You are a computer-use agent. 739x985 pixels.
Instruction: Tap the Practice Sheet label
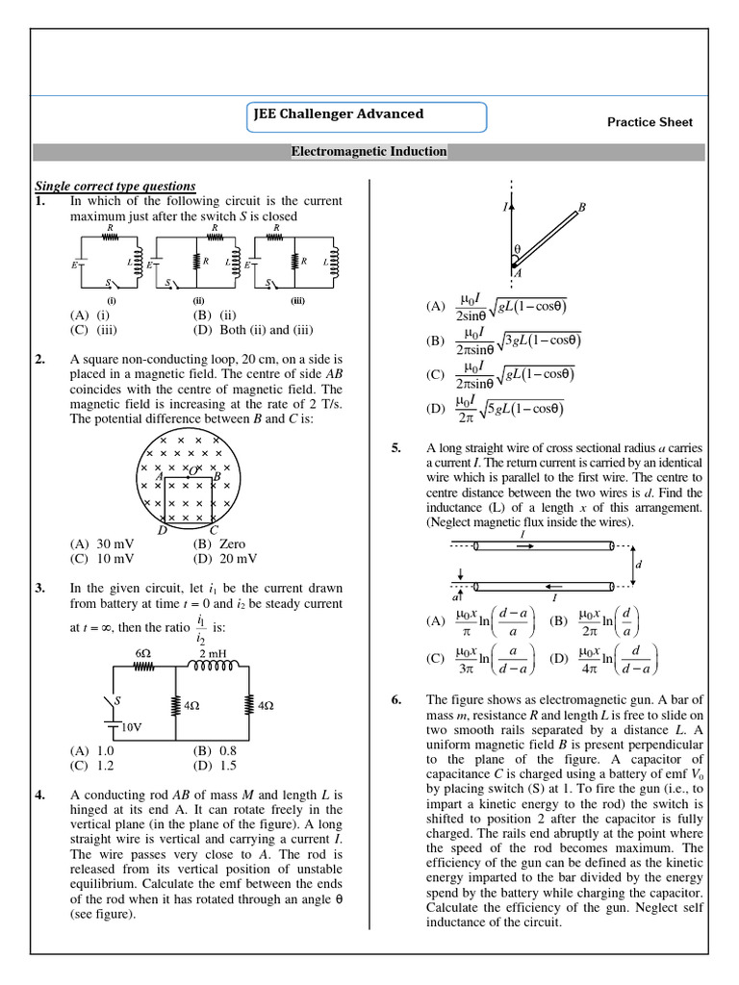[650, 122]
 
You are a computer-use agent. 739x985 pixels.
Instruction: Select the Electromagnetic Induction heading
[369, 152]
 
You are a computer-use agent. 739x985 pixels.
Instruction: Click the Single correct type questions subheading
[115, 186]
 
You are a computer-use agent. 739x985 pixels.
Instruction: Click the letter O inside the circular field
[192, 469]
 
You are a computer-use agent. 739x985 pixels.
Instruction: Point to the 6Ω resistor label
[144, 653]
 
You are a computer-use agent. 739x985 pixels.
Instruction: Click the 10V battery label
[132, 727]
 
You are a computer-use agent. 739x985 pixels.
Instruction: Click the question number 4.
[40, 796]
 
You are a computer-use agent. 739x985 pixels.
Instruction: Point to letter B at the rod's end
[582, 207]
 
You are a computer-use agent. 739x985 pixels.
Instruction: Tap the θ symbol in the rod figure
[517, 249]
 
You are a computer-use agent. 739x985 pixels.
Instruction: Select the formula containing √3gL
[505, 341]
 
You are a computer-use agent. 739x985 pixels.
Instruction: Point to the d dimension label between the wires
[638, 565]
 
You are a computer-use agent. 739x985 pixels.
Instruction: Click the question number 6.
[396, 699]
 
